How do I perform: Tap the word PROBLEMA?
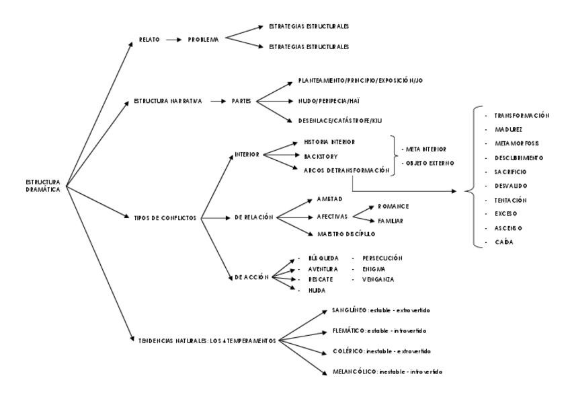(204, 40)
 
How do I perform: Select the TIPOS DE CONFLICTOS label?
(165, 217)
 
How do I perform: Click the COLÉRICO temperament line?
(380, 351)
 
